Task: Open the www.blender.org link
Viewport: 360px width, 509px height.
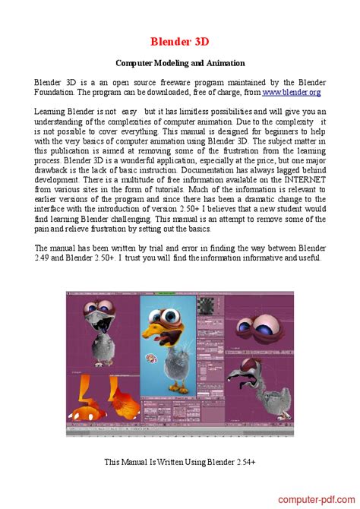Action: click(x=292, y=92)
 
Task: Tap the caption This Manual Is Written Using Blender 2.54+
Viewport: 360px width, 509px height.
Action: click(x=180, y=461)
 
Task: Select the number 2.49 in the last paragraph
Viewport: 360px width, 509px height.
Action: click(x=46, y=258)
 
